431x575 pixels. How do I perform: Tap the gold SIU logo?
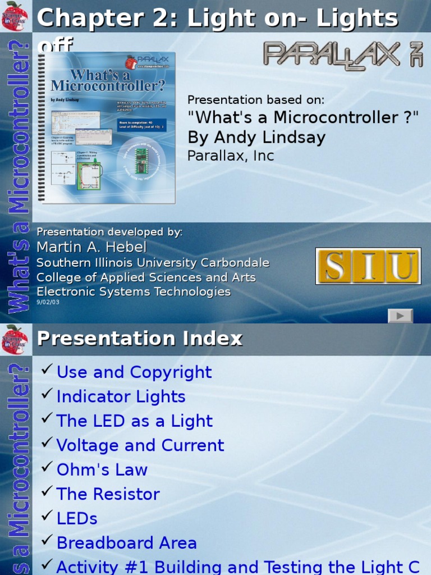(368, 266)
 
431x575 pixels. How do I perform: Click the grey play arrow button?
(400, 316)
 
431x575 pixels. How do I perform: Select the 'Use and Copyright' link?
(134, 372)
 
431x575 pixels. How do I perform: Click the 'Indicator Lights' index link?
(121, 396)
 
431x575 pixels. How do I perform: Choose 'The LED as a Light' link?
(135, 421)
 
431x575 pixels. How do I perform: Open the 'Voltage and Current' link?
(140, 445)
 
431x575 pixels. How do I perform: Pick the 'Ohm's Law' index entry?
(102, 470)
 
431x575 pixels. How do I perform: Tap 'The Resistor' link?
(108, 494)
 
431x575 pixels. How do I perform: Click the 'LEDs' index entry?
(77, 518)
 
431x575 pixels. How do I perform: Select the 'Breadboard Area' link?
(127, 543)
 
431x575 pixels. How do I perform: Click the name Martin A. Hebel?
(91, 247)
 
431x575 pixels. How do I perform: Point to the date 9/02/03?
(48, 302)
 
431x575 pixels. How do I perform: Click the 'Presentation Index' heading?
(140, 339)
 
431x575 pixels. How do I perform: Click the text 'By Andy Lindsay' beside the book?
(256, 137)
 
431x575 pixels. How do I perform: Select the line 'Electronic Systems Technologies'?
(134, 291)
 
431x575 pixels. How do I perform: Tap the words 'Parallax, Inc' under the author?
(231, 156)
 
